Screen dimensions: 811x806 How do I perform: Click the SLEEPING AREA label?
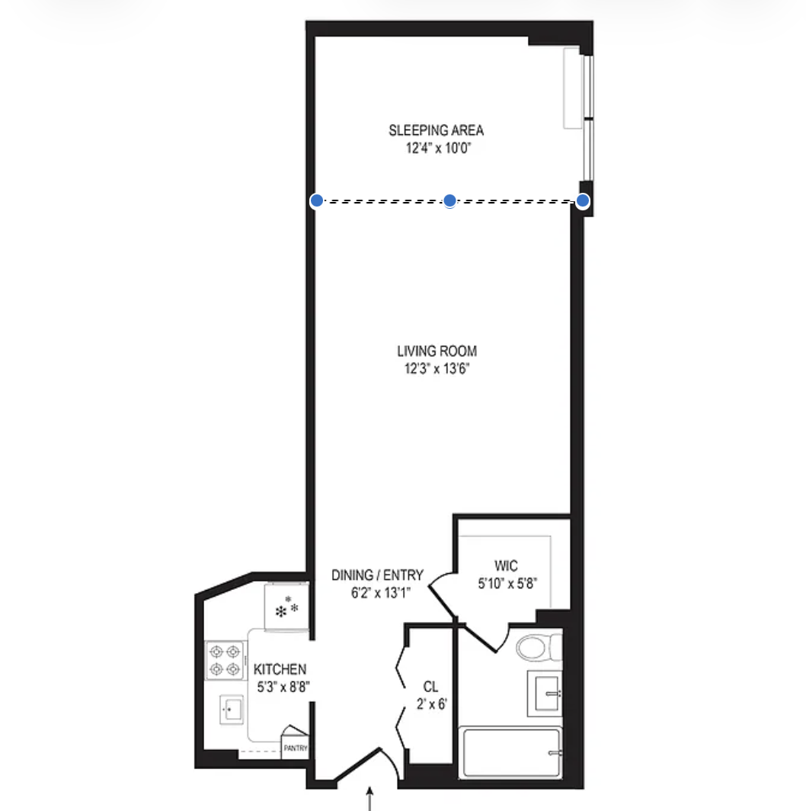pyautogui.click(x=436, y=130)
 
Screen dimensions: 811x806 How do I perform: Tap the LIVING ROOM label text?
pyautogui.click(x=437, y=351)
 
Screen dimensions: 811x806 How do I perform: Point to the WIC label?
pyautogui.click(x=506, y=566)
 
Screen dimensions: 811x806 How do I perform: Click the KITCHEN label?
pyautogui.click(x=280, y=669)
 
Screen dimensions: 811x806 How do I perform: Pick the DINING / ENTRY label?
pyautogui.click(x=377, y=575)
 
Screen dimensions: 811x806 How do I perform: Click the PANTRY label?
pyautogui.click(x=296, y=748)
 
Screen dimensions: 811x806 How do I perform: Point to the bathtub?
pyautogui.click(x=511, y=753)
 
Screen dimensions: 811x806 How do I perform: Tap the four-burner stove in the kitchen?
pyautogui.click(x=225, y=660)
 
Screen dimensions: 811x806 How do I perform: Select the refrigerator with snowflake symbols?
pyautogui.click(x=286, y=607)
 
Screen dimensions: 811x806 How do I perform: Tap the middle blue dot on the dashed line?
pyautogui.click(x=449, y=200)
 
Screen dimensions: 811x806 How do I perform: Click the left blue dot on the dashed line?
pyautogui.click(x=316, y=200)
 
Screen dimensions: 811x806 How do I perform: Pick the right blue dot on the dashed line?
pyautogui.click(x=583, y=200)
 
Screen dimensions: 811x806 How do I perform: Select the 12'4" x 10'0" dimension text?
pyautogui.click(x=436, y=149)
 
